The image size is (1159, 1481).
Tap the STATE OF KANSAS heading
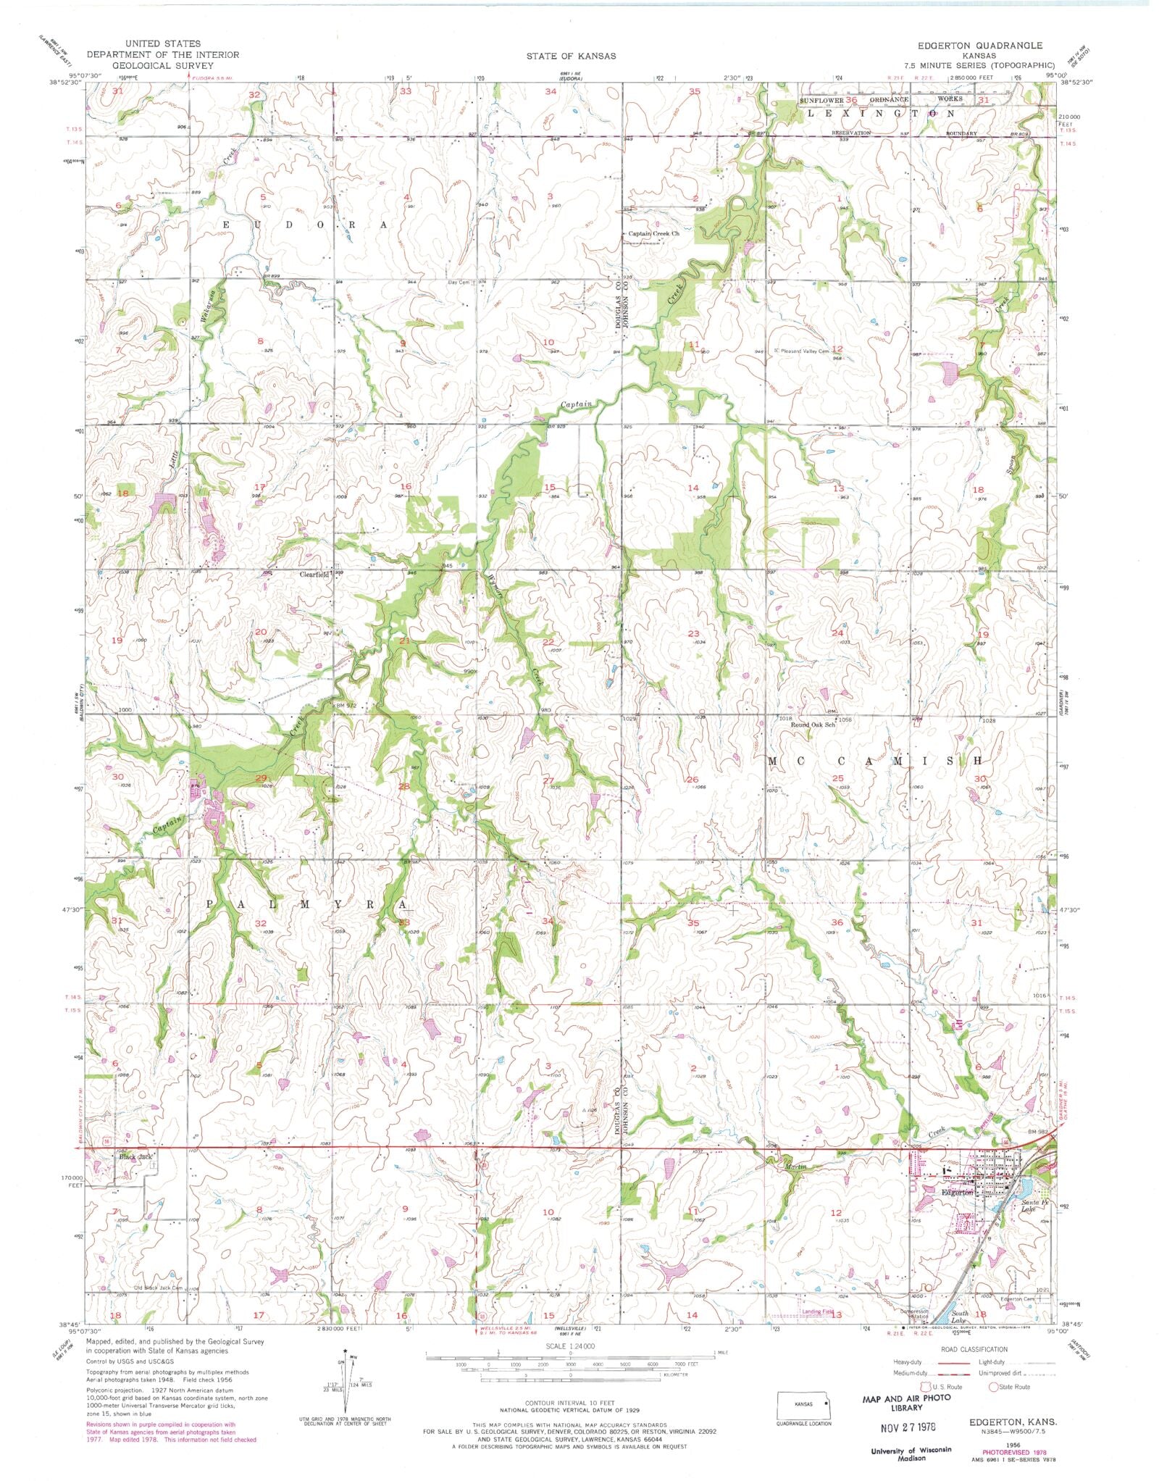pyautogui.click(x=571, y=56)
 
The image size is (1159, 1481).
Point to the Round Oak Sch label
pyautogui.click(x=813, y=724)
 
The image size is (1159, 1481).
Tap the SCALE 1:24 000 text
pyautogui.click(x=572, y=1346)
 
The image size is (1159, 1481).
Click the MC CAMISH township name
pyautogui.click(x=875, y=762)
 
